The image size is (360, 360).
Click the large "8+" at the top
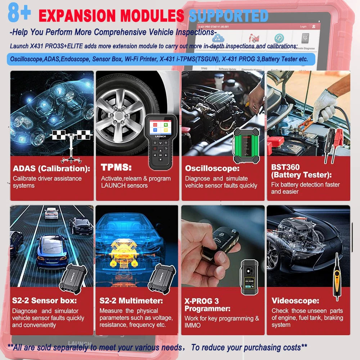pos(19,13)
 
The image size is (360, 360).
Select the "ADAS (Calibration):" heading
pos(51,168)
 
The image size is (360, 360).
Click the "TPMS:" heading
pos(116,168)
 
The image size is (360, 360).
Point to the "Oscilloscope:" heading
pos(212,168)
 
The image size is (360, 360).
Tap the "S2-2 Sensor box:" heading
pos(44,301)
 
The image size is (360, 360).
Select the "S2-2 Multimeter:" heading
pos(131,301)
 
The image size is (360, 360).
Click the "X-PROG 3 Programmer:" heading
pos(207,305)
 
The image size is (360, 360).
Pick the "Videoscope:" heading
pos(295,301)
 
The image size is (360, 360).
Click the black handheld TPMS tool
pos(161,142)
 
